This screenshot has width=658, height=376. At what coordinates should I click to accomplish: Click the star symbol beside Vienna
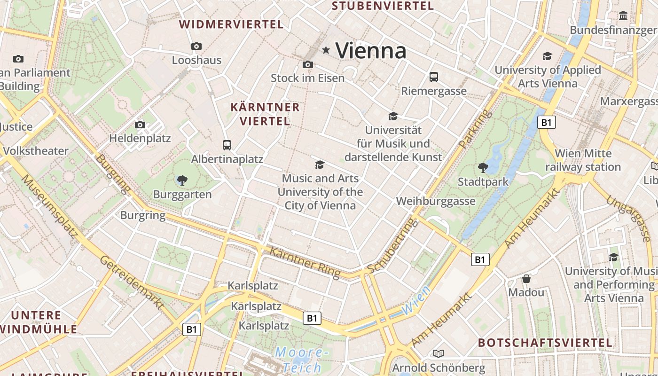(x=326, y=50)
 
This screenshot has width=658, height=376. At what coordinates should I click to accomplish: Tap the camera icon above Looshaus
(x=196, y=46)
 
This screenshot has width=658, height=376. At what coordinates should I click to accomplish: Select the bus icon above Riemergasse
(x=434, y=77)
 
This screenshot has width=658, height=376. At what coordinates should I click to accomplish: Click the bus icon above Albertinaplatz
(x=227, y=145)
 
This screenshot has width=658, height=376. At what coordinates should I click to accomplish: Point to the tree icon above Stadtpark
(x=483, y=167)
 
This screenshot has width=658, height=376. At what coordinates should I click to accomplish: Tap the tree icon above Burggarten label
(x=182, y=180)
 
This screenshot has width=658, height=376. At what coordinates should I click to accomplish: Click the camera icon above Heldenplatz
(x=140, y=125)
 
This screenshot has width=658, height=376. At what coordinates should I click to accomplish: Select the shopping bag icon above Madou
(x=526, y=279)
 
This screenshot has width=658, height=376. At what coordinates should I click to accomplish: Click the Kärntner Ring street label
(x=305, y=263)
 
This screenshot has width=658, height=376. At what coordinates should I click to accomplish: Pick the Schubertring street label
(x=392, y=245)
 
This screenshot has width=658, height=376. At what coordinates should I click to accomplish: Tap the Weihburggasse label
(x=436, y=201)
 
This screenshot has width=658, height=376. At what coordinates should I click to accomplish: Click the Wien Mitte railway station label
(x=583, y=160)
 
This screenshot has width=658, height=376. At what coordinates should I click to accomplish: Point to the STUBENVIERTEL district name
(x=383, y=6)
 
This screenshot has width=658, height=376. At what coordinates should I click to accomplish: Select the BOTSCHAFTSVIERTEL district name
(x=545, y=343)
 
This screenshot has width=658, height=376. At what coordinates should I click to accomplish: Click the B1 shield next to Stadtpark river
(x=546, y=123)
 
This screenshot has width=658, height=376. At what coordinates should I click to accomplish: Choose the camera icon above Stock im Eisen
(x=308, y=64)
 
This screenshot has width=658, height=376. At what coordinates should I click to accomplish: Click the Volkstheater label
(x=36, y=151)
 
